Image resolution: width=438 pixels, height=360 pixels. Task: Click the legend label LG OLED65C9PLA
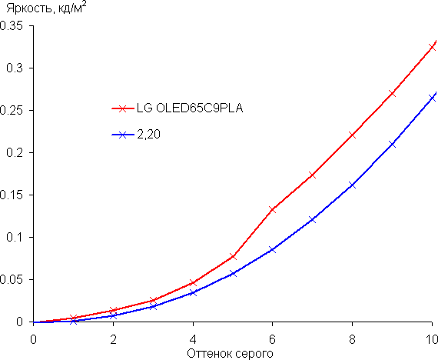click(x=190, y=108)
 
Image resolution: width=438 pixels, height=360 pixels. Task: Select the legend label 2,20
click(x=148, y=135)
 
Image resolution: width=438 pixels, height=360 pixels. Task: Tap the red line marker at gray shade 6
click(x=272, y=209)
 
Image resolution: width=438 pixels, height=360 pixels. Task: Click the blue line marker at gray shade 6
click(x=272, y=250)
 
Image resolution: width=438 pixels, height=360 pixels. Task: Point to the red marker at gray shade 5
click(x=233, y=256)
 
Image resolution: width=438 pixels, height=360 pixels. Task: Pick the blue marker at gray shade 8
click(x=352, y=185)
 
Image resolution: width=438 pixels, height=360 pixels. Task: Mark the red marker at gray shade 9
click(x=392, y=93)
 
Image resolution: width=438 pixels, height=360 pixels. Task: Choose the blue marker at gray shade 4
click(x=193, y=292)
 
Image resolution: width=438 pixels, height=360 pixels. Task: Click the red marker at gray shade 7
click(x=312, y=175)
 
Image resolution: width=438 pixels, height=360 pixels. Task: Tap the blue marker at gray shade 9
click(x=392, y=145)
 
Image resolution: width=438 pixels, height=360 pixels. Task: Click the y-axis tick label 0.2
click(x=15, y=153)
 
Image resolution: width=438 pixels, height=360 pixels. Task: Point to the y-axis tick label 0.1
click(x=15, y=238)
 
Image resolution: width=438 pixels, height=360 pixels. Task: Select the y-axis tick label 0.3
click(x=15, y=68)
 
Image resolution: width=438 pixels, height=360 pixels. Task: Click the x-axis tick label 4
click(x=193, y=339)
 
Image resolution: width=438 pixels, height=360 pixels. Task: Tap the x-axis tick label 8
click(x=352, y=339)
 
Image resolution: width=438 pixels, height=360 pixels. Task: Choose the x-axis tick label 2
click(x=113, y=339)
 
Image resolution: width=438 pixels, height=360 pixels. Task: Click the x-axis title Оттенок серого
click(x=230, y=354)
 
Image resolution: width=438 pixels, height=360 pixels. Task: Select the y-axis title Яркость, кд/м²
click(x=46, y=8)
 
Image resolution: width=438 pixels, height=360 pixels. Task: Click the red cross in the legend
click(x=122, y=108)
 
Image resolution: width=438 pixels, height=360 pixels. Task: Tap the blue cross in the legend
click(x=122, y=135)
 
